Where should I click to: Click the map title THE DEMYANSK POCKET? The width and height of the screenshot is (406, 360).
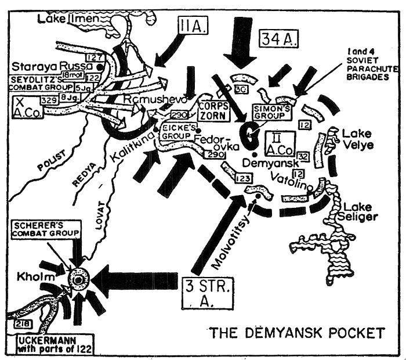296,333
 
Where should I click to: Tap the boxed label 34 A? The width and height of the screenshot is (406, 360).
279,40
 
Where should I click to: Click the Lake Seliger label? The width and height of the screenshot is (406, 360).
361,211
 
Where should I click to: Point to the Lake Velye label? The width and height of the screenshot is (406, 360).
357,139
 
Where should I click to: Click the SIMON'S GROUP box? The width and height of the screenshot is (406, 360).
269,113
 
